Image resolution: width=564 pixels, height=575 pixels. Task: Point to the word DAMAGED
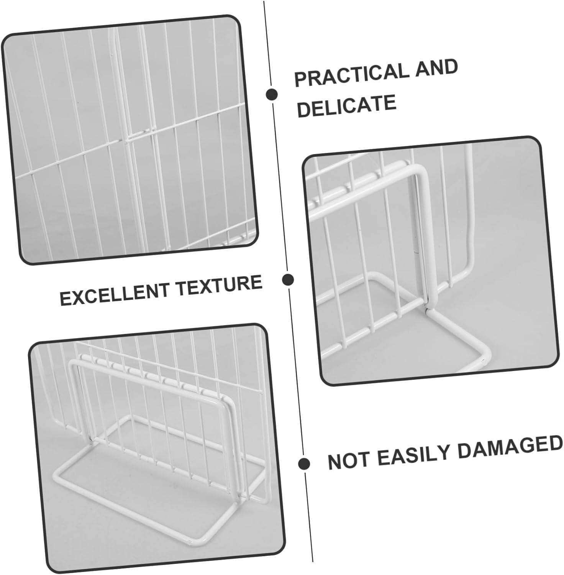click(510, 447)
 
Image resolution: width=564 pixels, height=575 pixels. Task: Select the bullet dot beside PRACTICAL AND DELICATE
click(272, 94)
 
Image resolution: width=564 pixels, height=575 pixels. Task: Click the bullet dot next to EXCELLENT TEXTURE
click(287, 279)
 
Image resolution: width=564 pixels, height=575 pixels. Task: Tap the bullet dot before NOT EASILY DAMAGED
click(304, 463)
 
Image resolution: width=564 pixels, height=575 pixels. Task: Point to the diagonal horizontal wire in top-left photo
click(77, 157)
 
